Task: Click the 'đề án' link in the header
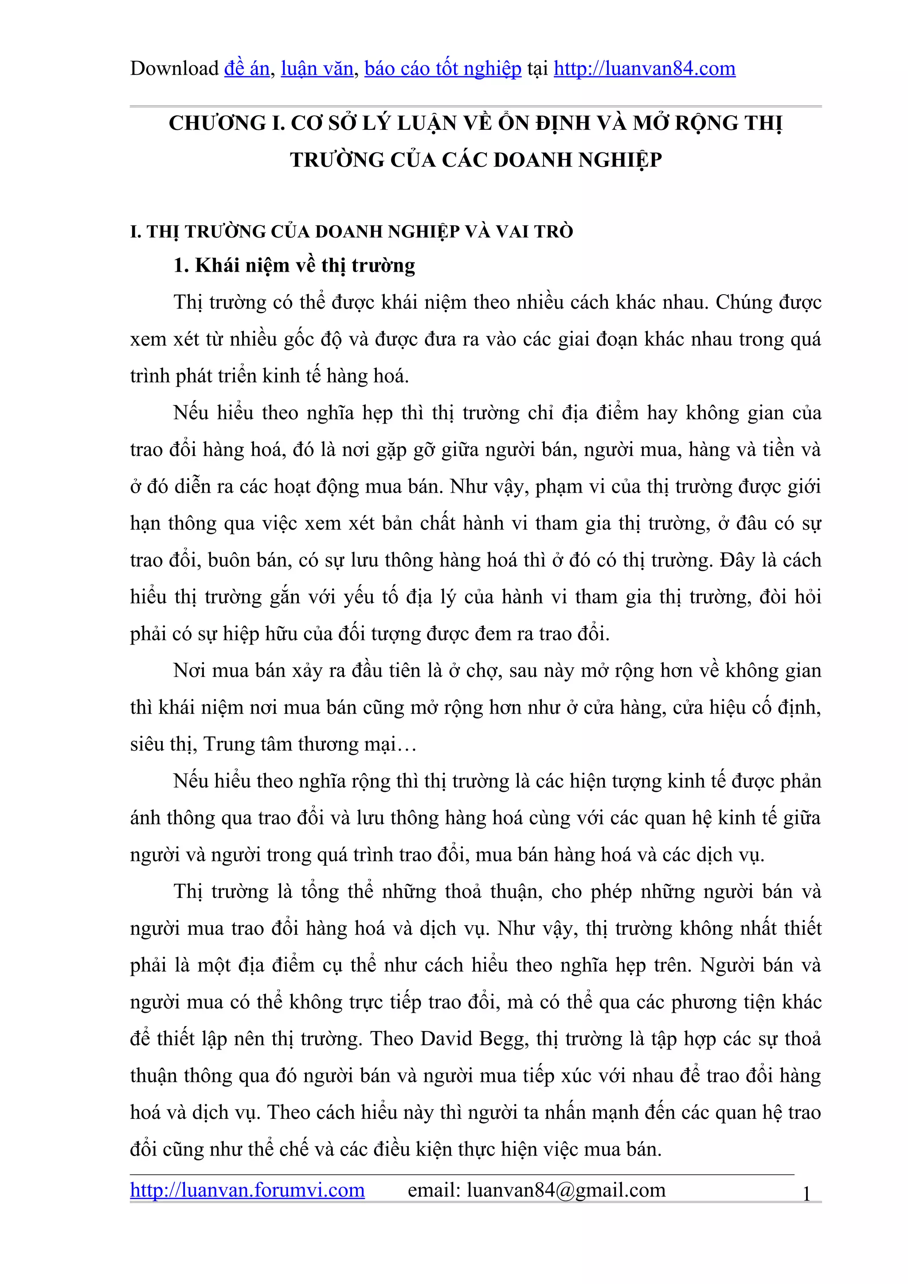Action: coord(247,69)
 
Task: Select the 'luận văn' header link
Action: coord(317,69)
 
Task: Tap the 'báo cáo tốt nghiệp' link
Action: coord(442,69)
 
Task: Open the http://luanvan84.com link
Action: coord(645,69)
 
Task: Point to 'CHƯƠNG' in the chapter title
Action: coord(218,123)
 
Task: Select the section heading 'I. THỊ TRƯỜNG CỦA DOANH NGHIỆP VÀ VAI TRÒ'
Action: coord(351,231)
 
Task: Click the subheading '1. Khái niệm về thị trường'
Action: coord(294,265)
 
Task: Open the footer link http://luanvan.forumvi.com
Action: coord(247,1190)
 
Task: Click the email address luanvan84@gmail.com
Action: coord(566,1190)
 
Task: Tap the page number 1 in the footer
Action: coord(806,1195)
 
